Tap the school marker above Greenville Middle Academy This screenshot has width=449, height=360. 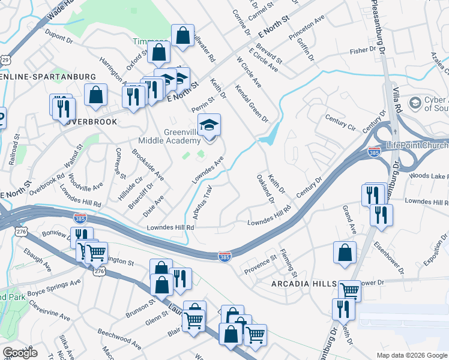pyautogui.click(x=209, y=126)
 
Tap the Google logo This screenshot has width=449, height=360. pyautogui.click(x=20, y=353)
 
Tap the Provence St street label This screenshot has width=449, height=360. pyautogui.click(x=260, y=264)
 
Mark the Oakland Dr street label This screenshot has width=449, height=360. pyautogui.click(x=264, y=188)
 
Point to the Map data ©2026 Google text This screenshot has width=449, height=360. pyautogui.click(x=411, y=355)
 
